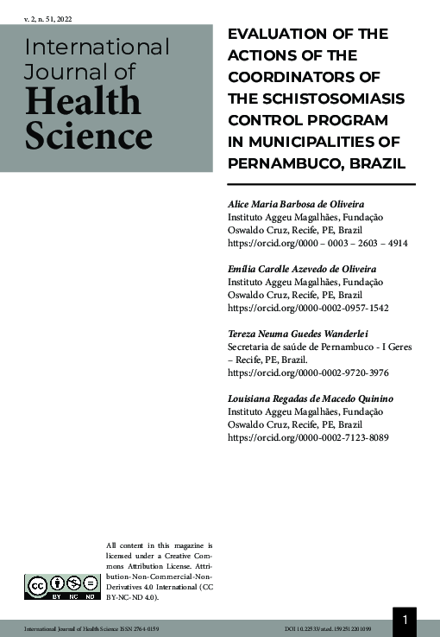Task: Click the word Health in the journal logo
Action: [83, 103]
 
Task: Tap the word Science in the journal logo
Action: [88, 136]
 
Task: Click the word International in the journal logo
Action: [97, 47]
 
